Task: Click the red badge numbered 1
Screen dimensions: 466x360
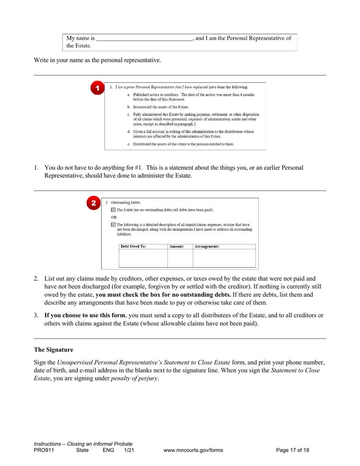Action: (97, 88)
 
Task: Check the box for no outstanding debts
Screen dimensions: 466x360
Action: (114, 210)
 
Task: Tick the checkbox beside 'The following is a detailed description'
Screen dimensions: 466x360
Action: (114, 225)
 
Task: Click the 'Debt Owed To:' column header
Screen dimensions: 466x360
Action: (133, 246)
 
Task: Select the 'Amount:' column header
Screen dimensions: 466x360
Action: (177, 246)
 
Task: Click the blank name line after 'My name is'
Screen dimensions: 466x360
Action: (144, 39)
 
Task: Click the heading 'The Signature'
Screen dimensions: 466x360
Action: (53, 350)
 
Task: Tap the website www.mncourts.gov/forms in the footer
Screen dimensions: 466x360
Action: (193, 450)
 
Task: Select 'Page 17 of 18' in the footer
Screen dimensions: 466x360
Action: (293, 450)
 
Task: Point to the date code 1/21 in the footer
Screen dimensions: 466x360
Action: (129, 450)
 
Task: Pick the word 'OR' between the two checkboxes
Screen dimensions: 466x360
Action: (114, 217)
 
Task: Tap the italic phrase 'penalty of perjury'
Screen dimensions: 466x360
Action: (135, 378)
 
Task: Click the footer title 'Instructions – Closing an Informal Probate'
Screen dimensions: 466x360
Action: (83, 444)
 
